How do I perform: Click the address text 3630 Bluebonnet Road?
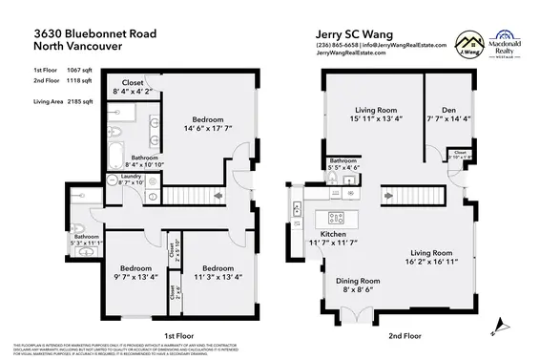coord(92,32)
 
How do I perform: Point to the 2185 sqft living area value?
coord(81,100)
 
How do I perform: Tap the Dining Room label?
coord(358,281)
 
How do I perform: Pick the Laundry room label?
coord(131,176)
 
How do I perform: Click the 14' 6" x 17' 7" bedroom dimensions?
coord(203,127)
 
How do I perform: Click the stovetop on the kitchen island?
coord(336,217)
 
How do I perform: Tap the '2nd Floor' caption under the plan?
coord(405,336)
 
